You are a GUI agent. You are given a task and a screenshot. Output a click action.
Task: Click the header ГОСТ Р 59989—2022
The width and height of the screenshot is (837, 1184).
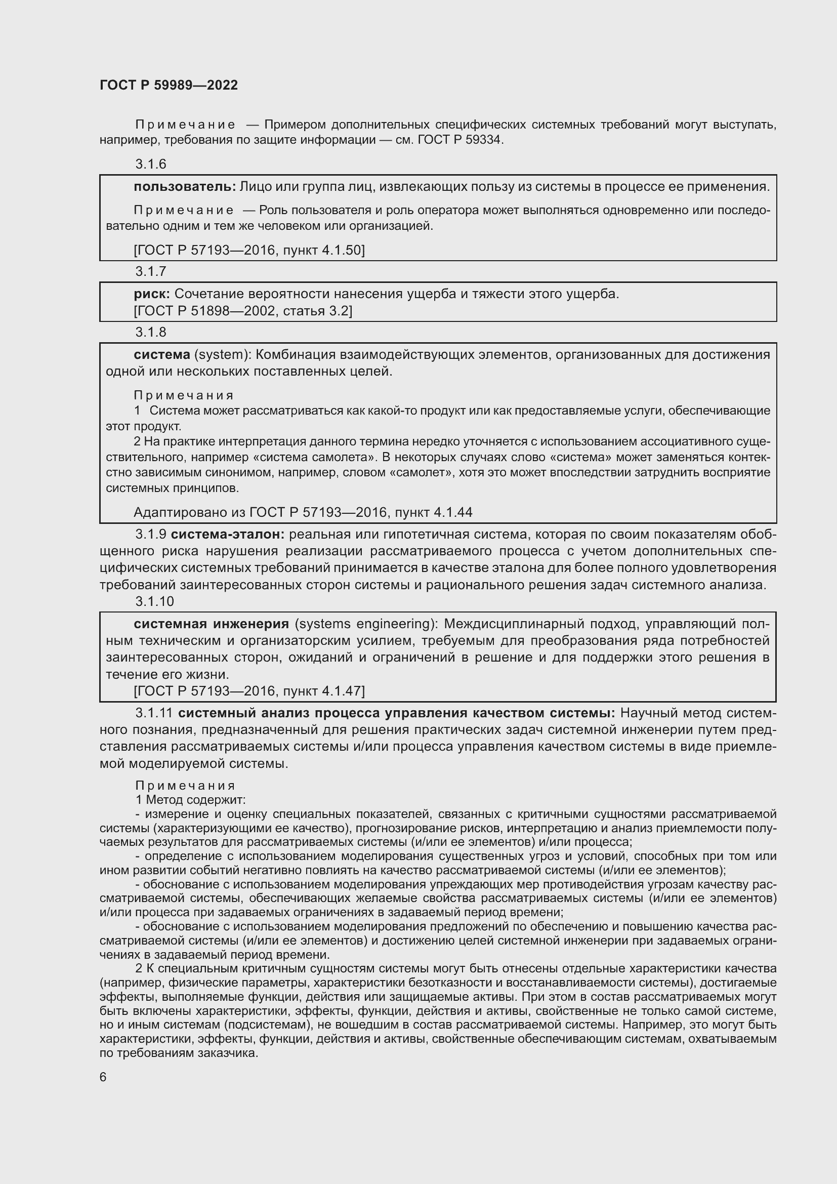(x=169, y=86)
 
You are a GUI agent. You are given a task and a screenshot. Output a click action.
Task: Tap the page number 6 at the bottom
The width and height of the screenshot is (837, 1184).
(x=103, y=1077)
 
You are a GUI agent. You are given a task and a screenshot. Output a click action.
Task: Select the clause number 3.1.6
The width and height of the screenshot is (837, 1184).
(x=150, y=164)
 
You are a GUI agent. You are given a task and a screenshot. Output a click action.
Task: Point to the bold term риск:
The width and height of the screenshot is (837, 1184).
(x=152, y=294)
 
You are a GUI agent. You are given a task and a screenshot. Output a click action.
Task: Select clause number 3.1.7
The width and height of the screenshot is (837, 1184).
(x=150, y=271)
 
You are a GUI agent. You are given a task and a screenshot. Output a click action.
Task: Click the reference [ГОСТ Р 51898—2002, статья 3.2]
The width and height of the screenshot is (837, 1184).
(x=243, y=310)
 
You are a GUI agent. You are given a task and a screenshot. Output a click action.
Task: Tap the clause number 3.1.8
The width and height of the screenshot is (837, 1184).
(x=150, y=332)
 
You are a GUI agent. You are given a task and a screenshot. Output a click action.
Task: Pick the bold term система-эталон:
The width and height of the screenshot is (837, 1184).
(x=228, y=534)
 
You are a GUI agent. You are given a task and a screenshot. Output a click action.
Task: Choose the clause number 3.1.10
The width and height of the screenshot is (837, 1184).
(x=155, y=601)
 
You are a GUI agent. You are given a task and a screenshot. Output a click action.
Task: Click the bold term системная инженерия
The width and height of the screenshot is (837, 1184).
(x=212, y=624)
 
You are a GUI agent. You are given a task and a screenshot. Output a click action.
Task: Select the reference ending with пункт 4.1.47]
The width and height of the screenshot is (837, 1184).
(x=249, y=691)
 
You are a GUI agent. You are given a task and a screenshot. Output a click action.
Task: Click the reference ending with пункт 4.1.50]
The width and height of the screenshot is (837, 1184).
(x=249, y=250)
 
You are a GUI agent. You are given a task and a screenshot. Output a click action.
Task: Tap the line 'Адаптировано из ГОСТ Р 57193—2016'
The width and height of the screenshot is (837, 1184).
(x=303, y=512)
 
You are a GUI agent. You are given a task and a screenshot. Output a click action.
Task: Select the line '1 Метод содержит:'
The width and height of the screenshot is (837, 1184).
(x=191, y=800)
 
